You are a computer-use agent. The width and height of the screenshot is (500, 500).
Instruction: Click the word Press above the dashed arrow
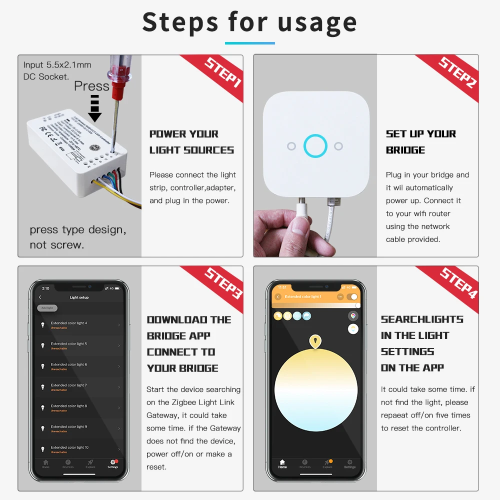pyautogui.click(x=91, y=86)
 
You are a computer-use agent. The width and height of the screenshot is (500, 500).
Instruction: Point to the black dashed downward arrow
pyautogui.click(x=94, y=109)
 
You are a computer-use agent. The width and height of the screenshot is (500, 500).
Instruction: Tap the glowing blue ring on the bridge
pyautogui.click(x=315, y=146)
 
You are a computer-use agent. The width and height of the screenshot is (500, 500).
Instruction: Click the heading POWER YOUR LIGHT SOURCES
pyautogui.click(x=191, y=142)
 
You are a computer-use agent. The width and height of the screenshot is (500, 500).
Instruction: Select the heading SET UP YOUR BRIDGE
pyautogui.click(x=420, y=142)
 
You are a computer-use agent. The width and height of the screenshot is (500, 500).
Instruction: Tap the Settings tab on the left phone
pyautogui.click(x=113, y=463)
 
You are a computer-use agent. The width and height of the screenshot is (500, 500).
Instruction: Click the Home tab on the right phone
pyautogui.click(x=282, y=463)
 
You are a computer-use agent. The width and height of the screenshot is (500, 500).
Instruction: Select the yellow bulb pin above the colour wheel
pyautogui.click(x=315, y=341)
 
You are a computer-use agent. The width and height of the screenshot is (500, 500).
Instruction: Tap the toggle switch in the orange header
pyautogui.click(x=353, y=296)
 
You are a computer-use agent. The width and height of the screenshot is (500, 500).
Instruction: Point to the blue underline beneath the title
pyautogui.click(x=249, y=43)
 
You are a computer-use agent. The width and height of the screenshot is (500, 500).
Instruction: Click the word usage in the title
pyautogui.click(x=317, y=22)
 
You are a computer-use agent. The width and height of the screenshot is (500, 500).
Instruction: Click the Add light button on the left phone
pyautogui.click(x=47, y=308)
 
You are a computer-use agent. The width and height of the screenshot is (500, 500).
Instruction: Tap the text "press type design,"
pyautogui.click(x=77, y=230)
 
